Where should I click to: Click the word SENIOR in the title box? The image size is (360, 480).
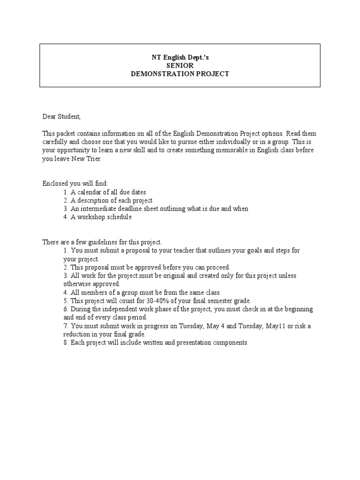tap(180, 66)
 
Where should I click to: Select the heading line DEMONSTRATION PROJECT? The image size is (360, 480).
tap(180, 74)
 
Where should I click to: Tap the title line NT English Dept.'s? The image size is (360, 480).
tap(180, 57)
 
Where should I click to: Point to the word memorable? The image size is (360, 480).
tap(225, 150)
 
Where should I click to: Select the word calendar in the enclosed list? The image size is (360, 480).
tap(90, 192)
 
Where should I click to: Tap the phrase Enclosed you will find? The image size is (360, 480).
tap(75, 184)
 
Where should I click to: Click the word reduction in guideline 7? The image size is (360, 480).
tap(77, 334)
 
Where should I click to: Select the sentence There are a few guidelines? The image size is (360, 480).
tap(102, 242)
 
